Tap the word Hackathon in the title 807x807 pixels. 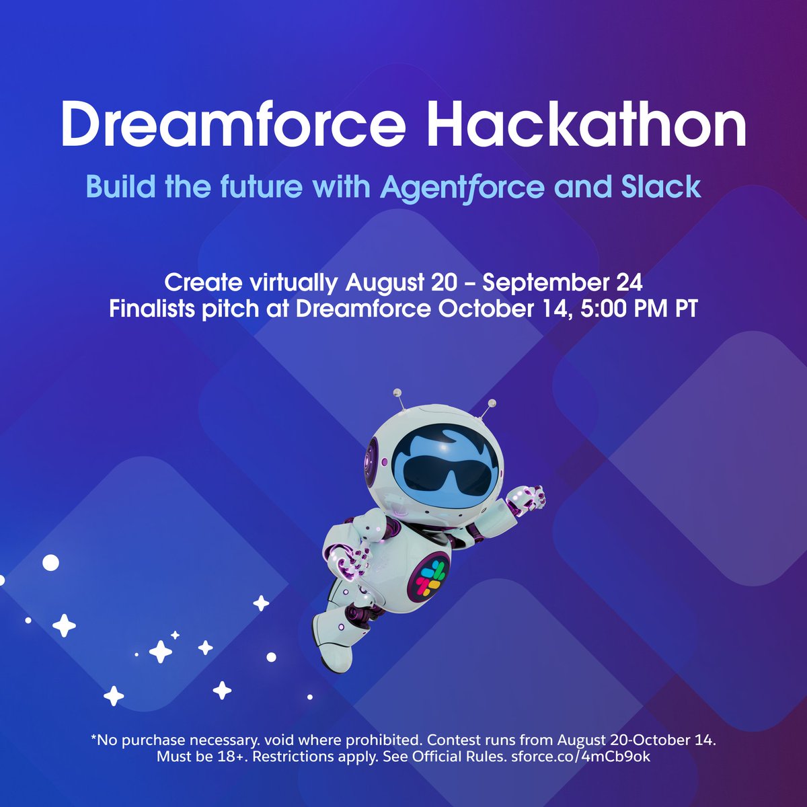point(586,126)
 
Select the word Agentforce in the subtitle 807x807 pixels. point(462,186)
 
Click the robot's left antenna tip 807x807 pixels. point(397,391)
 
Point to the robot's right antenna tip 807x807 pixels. point(492,403)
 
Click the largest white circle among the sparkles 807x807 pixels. point(50,563)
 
